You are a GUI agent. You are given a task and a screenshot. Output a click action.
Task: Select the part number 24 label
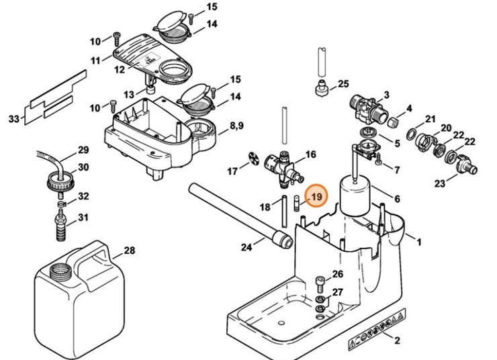(247, 248)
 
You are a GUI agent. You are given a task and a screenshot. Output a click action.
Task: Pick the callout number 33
(13, 120)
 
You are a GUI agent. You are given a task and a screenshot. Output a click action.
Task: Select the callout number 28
(129, 251)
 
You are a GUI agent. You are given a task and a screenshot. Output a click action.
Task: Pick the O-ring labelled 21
(414, 126)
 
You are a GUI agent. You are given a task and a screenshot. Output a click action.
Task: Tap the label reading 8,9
(236, 126)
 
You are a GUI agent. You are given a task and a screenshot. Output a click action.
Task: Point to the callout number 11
(96, 60)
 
